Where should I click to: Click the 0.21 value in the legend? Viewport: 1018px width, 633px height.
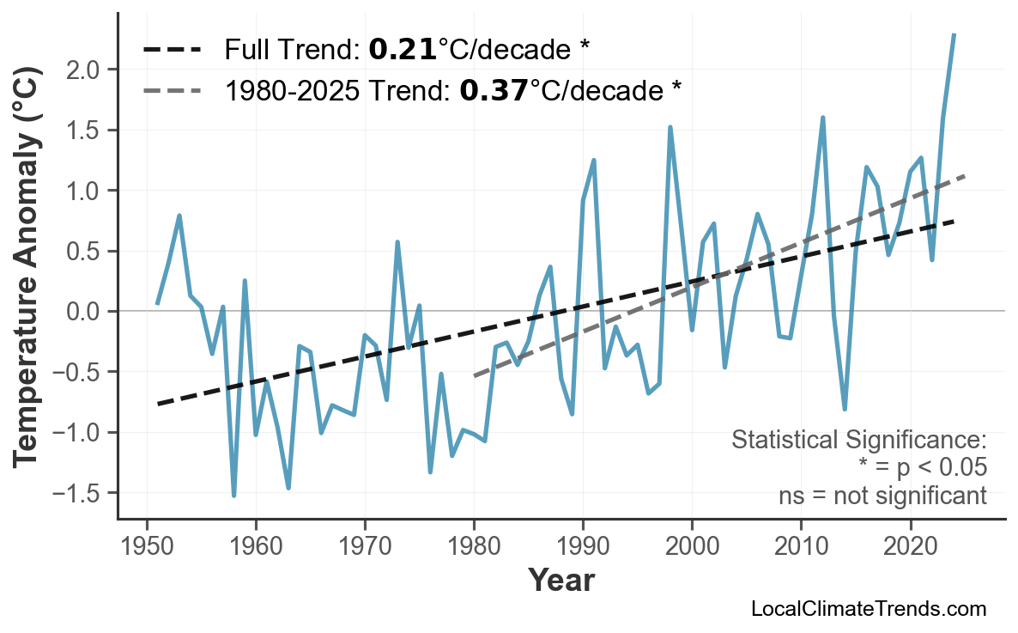coord(402,50)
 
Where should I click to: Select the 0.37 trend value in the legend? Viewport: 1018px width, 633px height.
coord(494,89)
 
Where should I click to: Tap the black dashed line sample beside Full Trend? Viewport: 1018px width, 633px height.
coord(172,50)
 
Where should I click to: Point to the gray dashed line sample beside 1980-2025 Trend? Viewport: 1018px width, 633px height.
coord(172,89)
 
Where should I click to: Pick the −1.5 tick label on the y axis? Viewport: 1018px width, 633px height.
coord(80,494)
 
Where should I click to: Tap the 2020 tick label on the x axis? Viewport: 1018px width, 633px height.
coord(910,547)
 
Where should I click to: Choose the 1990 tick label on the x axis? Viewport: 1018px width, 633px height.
coord(583,547)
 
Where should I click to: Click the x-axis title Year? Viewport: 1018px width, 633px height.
coord(561,581)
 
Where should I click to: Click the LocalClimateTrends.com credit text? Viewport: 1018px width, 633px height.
coord(868,610)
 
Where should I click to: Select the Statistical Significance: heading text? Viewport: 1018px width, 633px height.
coord(858,441)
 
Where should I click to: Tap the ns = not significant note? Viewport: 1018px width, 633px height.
coord(882,496)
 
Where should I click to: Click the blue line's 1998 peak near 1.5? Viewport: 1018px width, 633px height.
coord(670,127)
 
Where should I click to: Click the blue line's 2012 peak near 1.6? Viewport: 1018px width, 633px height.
coord(822,118)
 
